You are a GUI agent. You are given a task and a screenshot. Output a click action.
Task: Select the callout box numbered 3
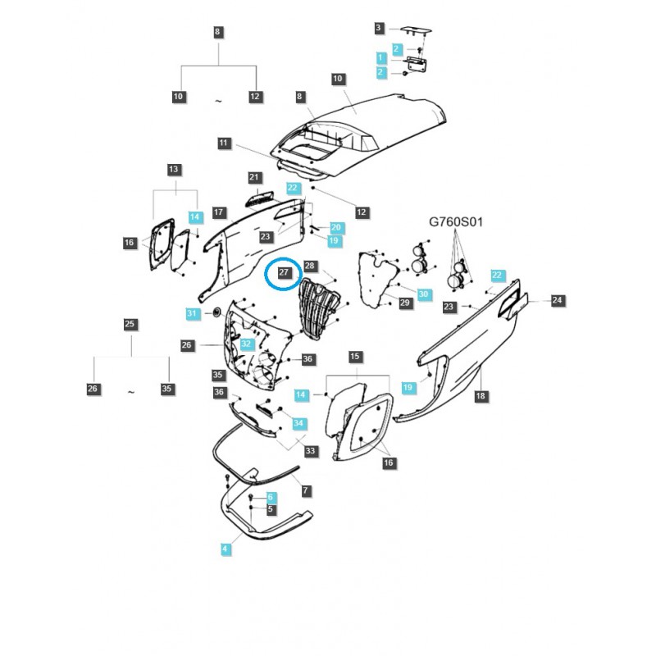pyautogui.click(x=379, y=28)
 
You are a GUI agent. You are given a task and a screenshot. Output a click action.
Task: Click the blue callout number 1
pyautogui.click(x=380, y=57)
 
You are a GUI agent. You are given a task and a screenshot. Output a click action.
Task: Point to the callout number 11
pyautogui.click(x=224, y=143)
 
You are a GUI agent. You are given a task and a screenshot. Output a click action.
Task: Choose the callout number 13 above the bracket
pyautogui.click(x=174, y=169)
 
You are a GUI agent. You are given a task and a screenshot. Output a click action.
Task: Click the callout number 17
pyautogui.click(x=219, y=212)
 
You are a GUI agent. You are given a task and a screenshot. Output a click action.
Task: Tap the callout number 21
pyautogui.click(x=253, y=178)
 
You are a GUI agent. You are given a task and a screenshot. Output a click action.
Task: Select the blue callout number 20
pyautogui.click(x=336, y=226)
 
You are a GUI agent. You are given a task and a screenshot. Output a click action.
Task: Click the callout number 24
pyautogui.click(x=557, y=301)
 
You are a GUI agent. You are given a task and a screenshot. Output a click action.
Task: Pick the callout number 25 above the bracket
pyautogui.click(x=130, y=324)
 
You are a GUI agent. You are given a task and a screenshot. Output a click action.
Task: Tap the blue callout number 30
pyautogui.click(x=423, y=294)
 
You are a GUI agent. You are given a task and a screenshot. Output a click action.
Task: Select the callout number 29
pyautogui.click(x=405, y=303)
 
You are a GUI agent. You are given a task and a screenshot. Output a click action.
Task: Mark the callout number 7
pyautogui.click(x=305, y=490)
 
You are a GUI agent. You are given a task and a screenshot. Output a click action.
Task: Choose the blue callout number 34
pyautogui.click(x=299, y=423)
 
